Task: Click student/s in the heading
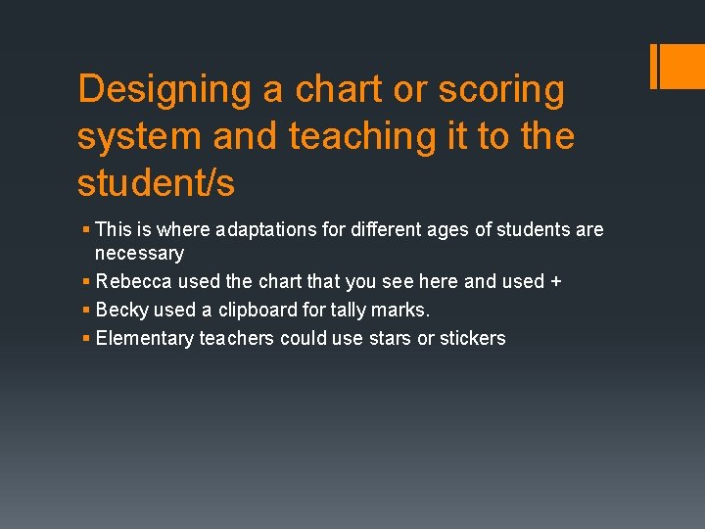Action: tap(156, 183)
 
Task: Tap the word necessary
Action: tap(139, 253)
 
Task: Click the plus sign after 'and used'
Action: tap(556, 281)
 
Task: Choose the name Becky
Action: tap(122, 310)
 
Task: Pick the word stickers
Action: tap(472, 338)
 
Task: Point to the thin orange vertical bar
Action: tap(653, 66)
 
